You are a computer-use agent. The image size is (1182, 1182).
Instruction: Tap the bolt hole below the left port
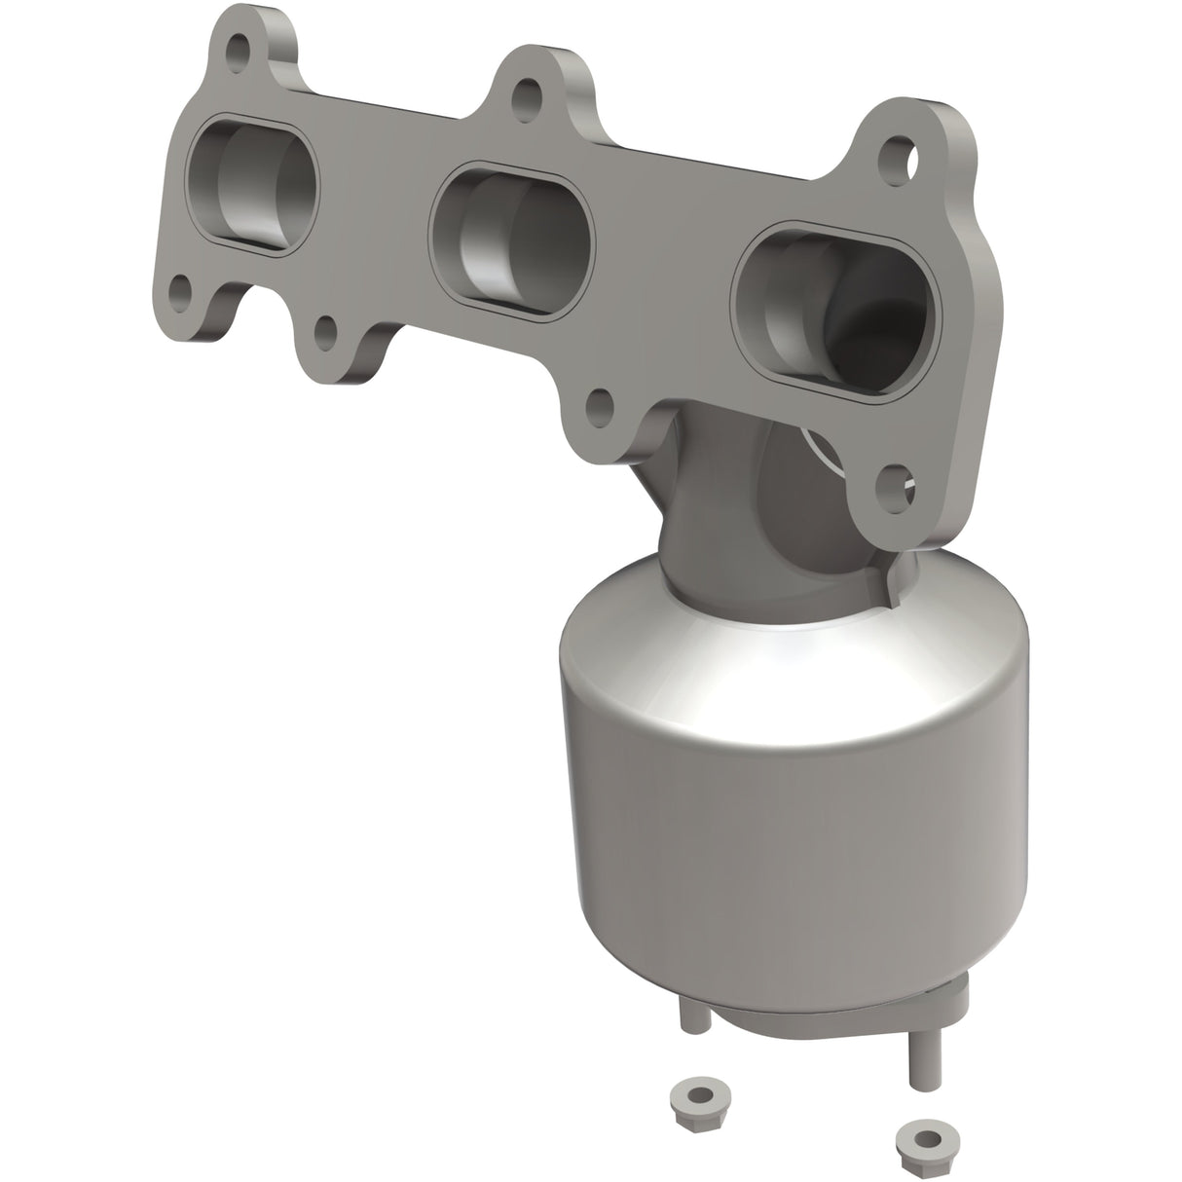tap(180, 289)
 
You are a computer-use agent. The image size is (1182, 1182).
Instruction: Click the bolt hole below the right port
tap(894, 480)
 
